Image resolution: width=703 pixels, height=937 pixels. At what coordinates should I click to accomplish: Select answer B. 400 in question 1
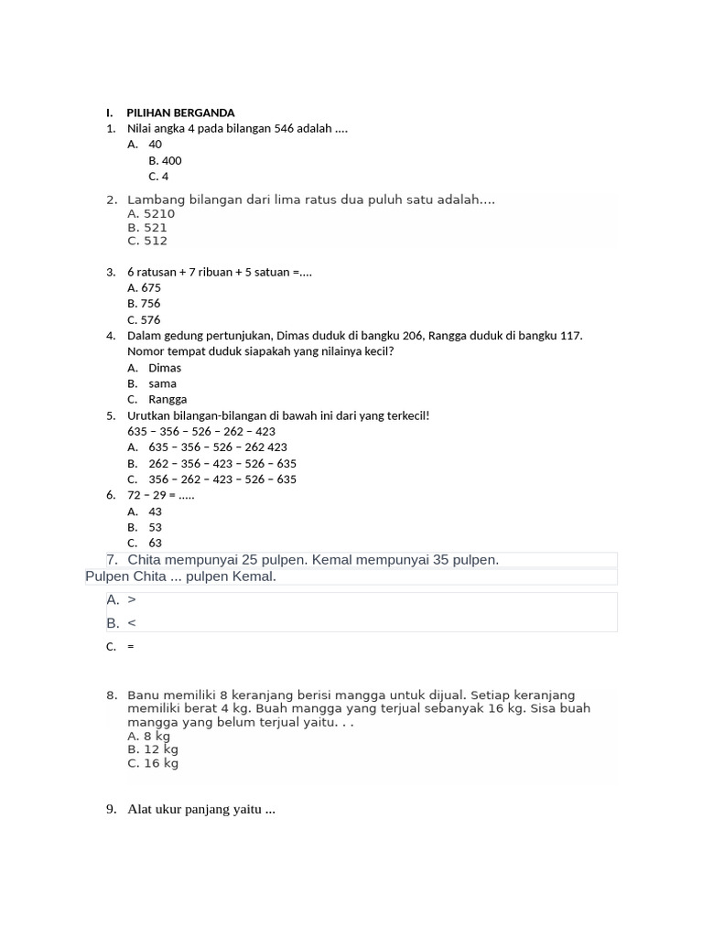(x=165, y=161)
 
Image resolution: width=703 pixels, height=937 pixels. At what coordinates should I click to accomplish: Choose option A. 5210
(x=151, y=214)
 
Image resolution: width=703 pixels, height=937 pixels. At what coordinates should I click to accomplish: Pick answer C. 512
(x=147, y=242)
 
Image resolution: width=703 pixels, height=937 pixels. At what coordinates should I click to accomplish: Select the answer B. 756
(x=144, y=304)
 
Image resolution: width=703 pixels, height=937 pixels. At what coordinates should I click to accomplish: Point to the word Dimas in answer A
(x=165, y=368)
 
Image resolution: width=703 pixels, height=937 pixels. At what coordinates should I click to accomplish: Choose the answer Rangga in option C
(x=168, y=400)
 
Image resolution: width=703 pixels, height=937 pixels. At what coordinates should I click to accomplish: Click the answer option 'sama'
(x=162, y=384)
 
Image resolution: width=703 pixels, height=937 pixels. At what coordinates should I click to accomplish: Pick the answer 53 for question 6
(x=155, y=527)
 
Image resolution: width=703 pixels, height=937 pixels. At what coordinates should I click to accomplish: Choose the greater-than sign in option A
(x=132, y=600)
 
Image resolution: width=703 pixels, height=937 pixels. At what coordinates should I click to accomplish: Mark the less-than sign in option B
(x=132, y=623)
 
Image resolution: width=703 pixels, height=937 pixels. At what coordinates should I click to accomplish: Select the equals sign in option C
(x=131, y=647)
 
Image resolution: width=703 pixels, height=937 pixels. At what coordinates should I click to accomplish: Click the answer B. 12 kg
(x=153, y=749)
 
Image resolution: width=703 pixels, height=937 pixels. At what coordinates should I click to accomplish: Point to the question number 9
(x=111, y=809)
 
